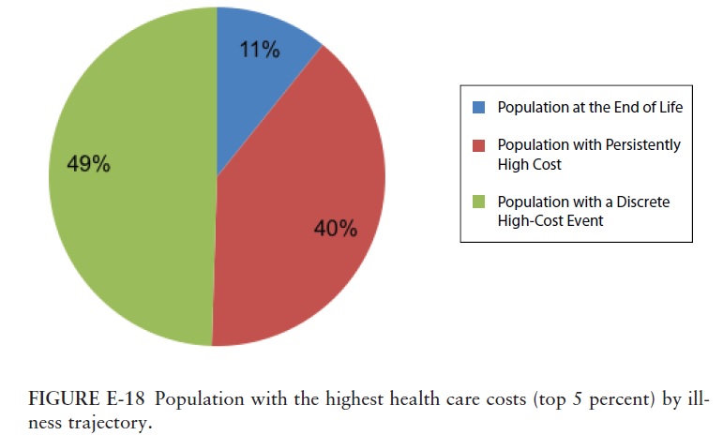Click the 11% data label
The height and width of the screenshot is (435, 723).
click(x=259, y=51)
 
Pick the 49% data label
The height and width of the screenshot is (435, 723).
click(x=89, y=164)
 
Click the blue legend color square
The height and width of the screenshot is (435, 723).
click(x=480, y=107)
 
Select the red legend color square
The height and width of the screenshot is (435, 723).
click(x=480, y=146)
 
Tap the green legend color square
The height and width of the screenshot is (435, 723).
click(x=480, y=202)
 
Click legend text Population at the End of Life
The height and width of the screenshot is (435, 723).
click(x=590, y=107)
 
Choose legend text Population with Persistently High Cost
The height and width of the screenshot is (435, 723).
click(x=588, y=154)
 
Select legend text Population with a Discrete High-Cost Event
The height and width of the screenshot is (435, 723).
click(x=582, y=211)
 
